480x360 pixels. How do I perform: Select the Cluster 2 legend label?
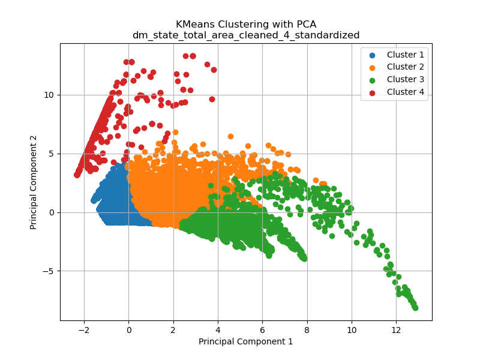tap(405, 67)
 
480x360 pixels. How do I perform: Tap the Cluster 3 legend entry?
tap(405, 79)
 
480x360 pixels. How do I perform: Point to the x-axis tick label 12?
tap(396, 330)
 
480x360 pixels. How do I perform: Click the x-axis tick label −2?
tap(83, 330)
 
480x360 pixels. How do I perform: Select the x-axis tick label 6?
tap(262, 330)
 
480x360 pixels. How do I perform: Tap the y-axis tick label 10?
tap(48, 95)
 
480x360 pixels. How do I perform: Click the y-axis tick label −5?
tap(47, 271)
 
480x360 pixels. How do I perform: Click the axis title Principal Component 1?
tap(246, 341)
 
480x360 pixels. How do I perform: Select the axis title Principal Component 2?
tap(34, 182)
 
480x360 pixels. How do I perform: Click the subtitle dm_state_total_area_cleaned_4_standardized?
tap(246, 35)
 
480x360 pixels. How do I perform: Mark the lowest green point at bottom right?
tap(415, 308)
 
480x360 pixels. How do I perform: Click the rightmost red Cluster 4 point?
tap(214, 70)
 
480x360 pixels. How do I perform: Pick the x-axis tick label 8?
tap(307, 330)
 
